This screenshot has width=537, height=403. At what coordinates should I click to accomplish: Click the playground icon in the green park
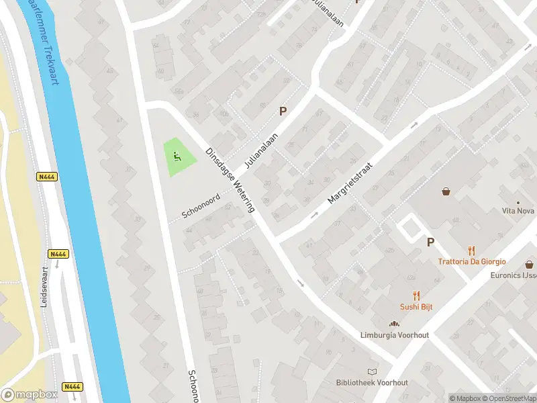click(x=178, y=157)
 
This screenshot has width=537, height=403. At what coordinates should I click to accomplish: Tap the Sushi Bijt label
click(x=416, y=307)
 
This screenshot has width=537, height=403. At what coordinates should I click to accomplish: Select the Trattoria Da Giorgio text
click(x=471, y=261)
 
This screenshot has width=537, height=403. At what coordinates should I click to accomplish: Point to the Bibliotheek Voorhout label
click(x=371, y=382)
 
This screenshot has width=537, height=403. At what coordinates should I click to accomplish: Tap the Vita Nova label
click(x=518, y=211)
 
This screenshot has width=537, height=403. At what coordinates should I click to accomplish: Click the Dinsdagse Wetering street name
click(x=230, y=180)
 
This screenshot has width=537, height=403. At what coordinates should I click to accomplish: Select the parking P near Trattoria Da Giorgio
click(x=430, y=242)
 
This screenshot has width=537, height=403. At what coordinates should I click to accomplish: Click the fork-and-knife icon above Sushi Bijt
click(x=416, y=295)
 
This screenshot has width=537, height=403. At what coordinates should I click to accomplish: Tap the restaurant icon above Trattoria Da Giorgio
click(x=471, y=250)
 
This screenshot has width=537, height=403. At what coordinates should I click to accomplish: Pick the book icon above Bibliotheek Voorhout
click(x=371, y=371)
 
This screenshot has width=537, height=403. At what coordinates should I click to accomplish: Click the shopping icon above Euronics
click(x=529, y=264)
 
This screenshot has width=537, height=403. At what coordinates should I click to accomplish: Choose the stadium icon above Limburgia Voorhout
click(x=393, y=324)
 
